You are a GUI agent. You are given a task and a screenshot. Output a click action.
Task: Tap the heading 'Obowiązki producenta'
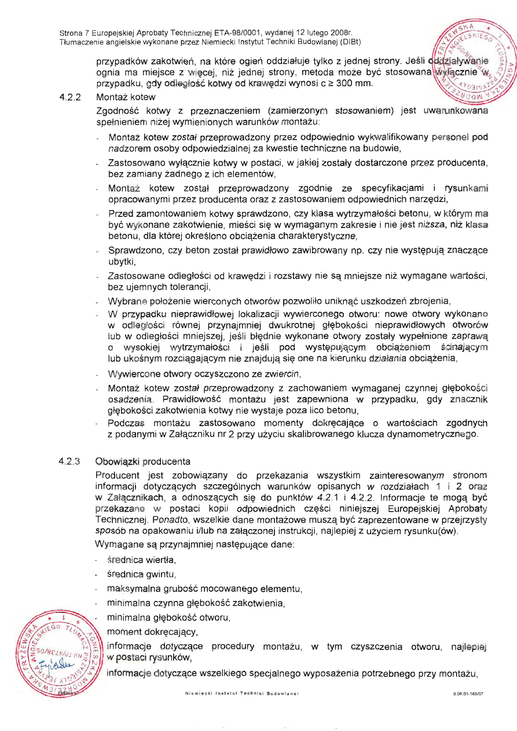(x=143, y=462)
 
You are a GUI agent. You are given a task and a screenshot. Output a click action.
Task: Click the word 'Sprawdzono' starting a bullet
(x=133, y=250)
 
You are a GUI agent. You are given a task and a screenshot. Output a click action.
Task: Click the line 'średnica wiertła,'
(x=142, y=560)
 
